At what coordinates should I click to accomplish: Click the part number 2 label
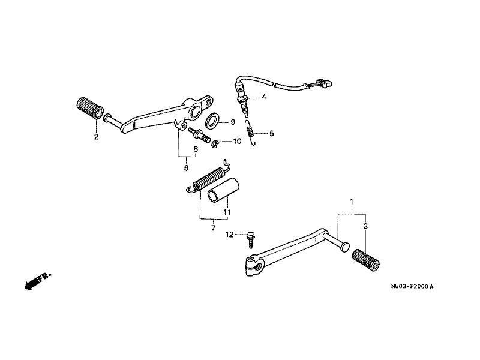tap(95, 137)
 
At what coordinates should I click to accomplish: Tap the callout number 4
tap(265, 97)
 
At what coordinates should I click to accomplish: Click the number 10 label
tap(238, 142)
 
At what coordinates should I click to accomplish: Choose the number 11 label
tap(228, 212)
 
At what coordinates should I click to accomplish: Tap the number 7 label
tap(212, 229)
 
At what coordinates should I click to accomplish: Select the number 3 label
tap(365, 226)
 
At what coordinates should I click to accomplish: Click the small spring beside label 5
tap(253, 133)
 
